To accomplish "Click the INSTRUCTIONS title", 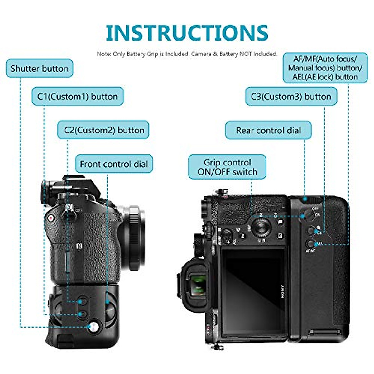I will tap(187, 32).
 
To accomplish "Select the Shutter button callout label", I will tap(40, 68).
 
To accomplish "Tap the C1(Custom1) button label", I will tap(78, 96).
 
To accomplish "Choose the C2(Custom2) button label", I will tap(104, 130).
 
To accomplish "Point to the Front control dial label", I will tap(114, 164).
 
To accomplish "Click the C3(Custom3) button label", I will tap(291, 96).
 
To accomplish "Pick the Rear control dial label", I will tap(268, 130).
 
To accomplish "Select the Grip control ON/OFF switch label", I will tap(227, 167).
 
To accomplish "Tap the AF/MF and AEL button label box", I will tap(325, 68).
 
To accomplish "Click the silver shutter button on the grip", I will tap(93, 327).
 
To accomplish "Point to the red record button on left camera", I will tap(51, 218).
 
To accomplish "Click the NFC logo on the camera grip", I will tap(79, 246).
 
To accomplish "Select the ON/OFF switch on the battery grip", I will tap(308, 215).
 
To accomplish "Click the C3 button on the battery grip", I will tap(311, 231).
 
